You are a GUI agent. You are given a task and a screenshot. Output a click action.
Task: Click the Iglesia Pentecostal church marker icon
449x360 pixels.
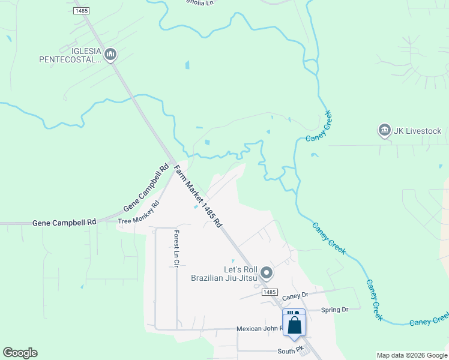click(x=110, y=55)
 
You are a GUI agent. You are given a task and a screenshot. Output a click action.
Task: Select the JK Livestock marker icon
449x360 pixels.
click(x=384, y=130)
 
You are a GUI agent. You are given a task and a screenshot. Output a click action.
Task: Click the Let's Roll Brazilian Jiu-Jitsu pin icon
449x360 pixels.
click(x=268, y=274)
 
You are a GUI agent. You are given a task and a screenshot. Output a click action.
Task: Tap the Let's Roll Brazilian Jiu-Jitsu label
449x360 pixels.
click(x=223, y=273)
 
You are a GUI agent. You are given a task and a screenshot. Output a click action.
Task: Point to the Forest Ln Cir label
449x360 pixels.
click(x=176, y=249)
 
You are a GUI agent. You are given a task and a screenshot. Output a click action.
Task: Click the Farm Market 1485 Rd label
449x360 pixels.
click(x=198, y=196)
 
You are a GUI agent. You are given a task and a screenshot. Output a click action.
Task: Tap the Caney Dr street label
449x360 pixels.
click(x=295, y=295)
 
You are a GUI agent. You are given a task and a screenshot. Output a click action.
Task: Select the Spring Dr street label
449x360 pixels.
click(x=334, y=310)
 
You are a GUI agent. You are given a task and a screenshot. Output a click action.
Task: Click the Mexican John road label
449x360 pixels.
click(x=259, y=329)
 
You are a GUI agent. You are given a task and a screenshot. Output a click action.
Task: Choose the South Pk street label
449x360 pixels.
click(x=288, y=351)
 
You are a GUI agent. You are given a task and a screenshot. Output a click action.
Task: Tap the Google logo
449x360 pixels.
click(x=20, y=353)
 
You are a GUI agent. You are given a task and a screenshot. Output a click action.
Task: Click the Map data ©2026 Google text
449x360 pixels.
click(x=411, y=355)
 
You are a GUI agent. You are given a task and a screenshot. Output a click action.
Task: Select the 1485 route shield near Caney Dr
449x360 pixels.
click(x=270, y=292)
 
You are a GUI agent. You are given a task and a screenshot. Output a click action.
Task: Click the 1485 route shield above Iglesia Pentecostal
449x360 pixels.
click(x=81, y=11)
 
